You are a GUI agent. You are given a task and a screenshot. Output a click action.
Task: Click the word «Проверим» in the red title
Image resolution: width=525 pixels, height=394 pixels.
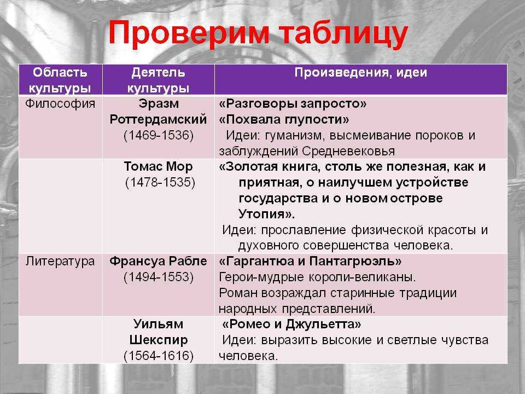pyautogui.click(x=189, y=33)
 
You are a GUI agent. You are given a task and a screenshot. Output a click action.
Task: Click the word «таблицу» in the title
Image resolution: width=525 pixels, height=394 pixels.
pyautogui.click(x=344, y=34)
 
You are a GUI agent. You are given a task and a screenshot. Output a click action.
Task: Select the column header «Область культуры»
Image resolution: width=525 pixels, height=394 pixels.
pyautogui.click(x=60, y=80)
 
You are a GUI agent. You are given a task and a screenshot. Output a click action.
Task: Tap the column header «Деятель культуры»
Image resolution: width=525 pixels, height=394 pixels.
pyautogui.click(x=158, y=80)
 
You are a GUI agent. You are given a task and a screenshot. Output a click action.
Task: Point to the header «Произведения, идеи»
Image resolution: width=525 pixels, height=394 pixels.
pyautogui.click(x=361, y=73)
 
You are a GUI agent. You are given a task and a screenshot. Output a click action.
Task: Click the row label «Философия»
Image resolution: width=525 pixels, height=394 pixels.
pyautogui.click(x=60, y=103)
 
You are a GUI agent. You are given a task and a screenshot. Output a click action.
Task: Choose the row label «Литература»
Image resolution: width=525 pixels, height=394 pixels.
pyautogui.click(x=60, y=261)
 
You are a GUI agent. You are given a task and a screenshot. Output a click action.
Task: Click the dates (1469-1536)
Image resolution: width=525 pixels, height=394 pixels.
pyautogui.click(x=159, y=135)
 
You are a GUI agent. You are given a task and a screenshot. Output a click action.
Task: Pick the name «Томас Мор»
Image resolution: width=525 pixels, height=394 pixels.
pyautogui.click(x=159, y=166)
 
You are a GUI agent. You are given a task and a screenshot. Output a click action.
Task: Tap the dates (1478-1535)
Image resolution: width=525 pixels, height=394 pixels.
pyautogui.click(x=160, y=183)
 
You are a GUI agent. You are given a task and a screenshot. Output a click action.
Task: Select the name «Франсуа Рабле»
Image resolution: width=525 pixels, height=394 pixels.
pyautogui.click(x=158, y=262)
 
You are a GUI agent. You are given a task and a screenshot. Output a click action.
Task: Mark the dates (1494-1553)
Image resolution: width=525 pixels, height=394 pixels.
pyautogui.click(x=159, y=277)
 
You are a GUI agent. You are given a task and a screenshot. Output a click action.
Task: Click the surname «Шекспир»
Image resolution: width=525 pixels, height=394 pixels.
pyautogui.click(x=159, y=340)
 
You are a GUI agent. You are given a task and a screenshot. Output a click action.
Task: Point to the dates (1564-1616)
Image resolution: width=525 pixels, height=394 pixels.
pyautogui.click(x=159, y=356)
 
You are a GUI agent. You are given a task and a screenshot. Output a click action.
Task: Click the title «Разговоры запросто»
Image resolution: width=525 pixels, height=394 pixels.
pyautogui.click(x=293, y=104)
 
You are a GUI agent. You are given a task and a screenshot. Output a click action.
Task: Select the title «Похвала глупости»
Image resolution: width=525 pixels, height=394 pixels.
pyautogui.click(x=284, y=120)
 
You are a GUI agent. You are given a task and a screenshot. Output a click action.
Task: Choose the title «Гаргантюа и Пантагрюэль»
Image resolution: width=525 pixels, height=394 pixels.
pyautogui.click(x=310, y=262)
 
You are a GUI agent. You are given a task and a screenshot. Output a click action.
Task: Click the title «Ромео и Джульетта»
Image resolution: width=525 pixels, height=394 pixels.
pyautogui.click(x=291, y=325)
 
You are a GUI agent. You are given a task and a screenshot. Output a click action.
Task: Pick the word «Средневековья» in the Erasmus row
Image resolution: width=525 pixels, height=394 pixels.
pyautogui.click(x=348, y=152)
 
